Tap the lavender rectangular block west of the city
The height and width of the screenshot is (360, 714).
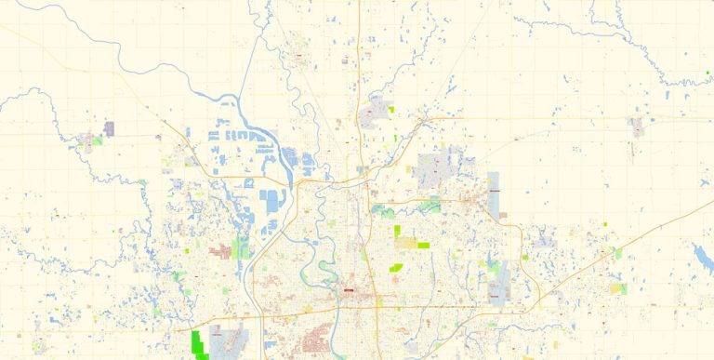(109, 129)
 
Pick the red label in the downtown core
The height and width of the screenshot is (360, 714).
(349, 290)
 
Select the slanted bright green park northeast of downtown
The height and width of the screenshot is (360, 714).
(395, 268)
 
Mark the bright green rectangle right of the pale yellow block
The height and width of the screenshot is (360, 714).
(424, 245)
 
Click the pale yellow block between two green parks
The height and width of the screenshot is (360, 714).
(407, 243)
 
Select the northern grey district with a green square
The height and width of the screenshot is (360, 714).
(376, 113)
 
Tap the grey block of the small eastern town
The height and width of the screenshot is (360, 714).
(637, 127)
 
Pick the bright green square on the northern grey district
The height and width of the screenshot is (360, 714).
(391, 110)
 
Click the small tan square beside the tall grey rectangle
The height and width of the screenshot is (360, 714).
(503, 215)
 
